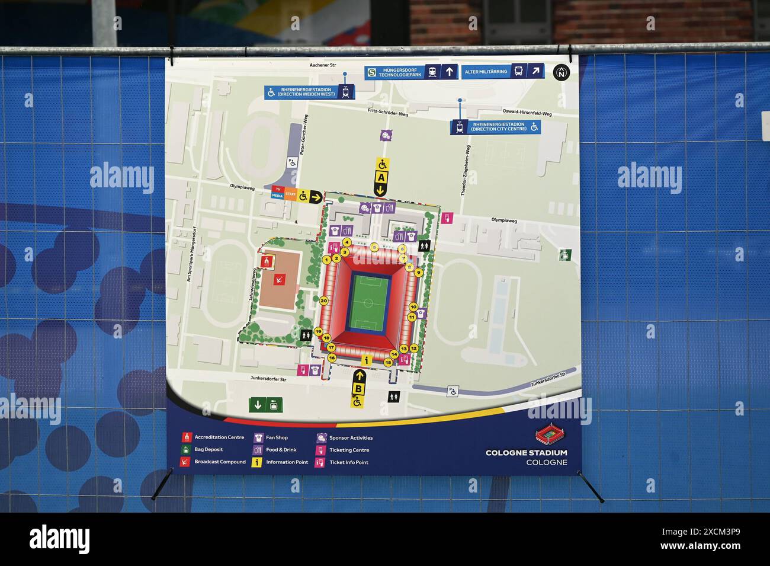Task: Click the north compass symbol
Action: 560,72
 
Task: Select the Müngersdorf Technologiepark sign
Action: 395,72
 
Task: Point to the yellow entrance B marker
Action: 358,389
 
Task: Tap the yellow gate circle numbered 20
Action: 323,300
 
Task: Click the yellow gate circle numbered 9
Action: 418,273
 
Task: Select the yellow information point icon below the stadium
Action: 367,360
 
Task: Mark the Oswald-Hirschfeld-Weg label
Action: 527,114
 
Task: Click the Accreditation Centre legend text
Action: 219,437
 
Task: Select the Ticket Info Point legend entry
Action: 349,462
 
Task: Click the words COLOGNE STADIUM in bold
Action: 526,453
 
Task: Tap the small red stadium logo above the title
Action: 551,435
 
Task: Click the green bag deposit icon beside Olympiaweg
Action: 566,255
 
